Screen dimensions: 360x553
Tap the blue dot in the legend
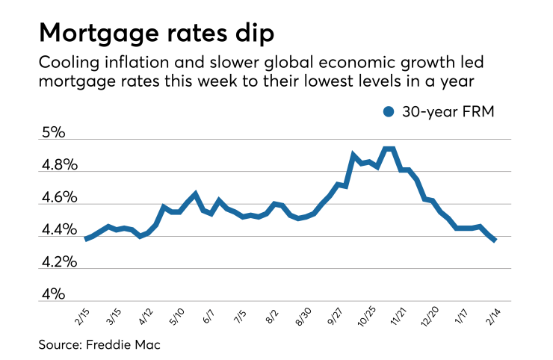pyautogui.click(x=388, y=111)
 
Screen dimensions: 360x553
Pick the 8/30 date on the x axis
pyautogui.click(x=303, y=315)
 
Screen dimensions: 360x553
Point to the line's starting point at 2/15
pyautogui.click(x=86, y=239)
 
